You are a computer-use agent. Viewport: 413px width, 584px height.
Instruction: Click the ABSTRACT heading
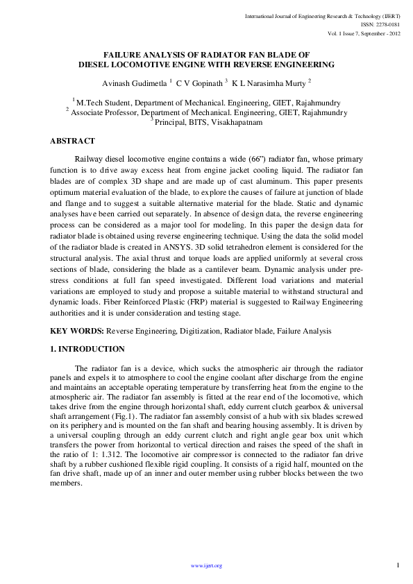pyautogui.click(x=72, y=141)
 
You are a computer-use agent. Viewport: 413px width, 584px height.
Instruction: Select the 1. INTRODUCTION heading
pyautogui.click(x=87, y=349)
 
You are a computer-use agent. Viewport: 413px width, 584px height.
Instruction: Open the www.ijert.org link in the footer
pyautogui.click(x=206, y=567)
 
